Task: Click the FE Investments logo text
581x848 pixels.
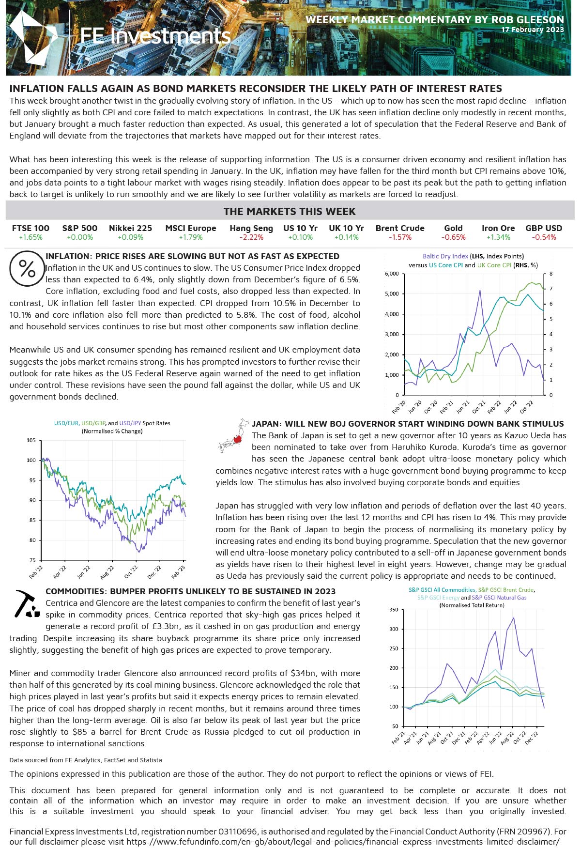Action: click(x=155, y=36)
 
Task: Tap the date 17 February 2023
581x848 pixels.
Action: click(x=533, y=30)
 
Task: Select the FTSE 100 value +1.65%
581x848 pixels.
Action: click(x=31, y=237)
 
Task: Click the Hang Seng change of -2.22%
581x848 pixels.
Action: click(x=251, y=237)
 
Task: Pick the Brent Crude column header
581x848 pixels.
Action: click(x=400, y=228)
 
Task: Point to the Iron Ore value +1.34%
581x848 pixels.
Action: click(x=498, y=237)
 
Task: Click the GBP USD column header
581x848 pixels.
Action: click(x=544, y=228)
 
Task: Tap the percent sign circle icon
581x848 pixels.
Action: click(x=27, y=269)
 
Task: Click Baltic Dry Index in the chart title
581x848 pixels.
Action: click(x=445, y=256)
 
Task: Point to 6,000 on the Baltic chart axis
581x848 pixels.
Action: click(x=392, y=274)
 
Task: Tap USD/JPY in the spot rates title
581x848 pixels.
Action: click(x=131, y=423)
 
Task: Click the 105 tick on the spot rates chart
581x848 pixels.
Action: click(x=31, y=441)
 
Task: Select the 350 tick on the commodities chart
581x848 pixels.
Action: click(x=394, y=610)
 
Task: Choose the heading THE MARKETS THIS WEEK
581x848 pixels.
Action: click(x=290, y=212)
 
